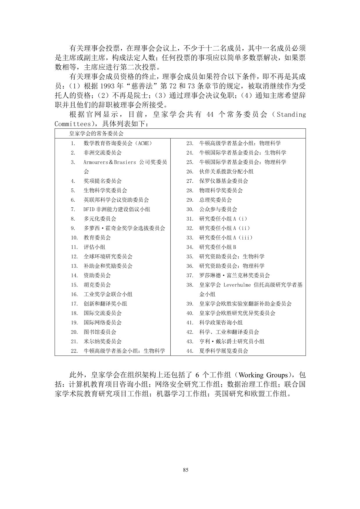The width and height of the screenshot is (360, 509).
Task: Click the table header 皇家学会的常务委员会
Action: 96,134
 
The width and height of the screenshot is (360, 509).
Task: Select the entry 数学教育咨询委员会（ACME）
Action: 118,143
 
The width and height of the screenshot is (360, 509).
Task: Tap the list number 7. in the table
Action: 73,209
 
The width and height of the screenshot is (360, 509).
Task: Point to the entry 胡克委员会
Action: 97,285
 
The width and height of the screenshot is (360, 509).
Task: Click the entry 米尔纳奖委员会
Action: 102,341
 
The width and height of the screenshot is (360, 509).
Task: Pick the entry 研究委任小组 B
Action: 218,247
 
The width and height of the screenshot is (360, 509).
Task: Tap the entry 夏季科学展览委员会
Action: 224,351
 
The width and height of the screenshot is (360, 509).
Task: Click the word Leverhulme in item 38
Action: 237,285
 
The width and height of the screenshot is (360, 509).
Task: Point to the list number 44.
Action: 190,351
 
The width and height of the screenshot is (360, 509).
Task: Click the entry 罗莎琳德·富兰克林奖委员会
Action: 235,275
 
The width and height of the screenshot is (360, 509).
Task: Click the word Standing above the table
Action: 291,114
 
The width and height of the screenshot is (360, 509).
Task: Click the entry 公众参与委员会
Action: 218,209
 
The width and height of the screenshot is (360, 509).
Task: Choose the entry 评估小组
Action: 94,247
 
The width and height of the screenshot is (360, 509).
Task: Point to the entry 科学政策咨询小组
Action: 221,323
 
